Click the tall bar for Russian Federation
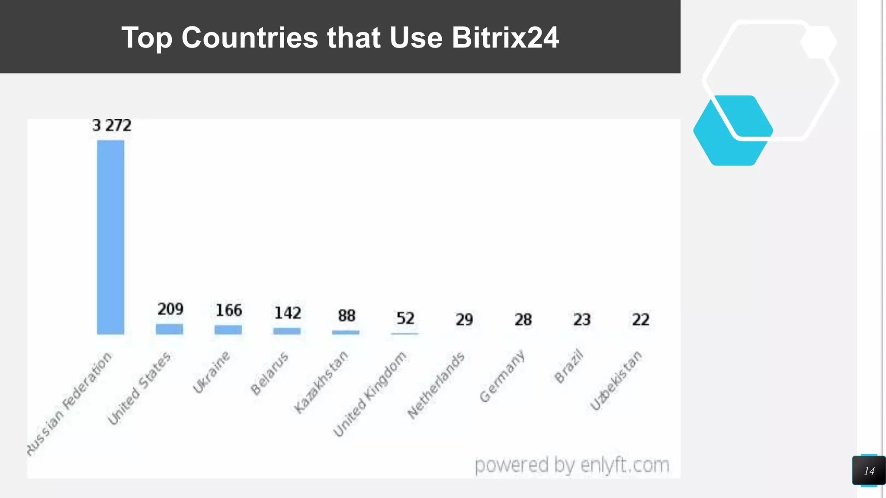click(110, 237)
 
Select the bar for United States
click(169, 329)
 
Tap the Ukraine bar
click(228, 330)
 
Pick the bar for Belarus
click(287, 331)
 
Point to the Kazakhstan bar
click(346, 332)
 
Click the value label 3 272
click(112, 125)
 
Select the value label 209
click(170, 309)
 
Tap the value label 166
click(229, 310)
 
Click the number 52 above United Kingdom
click(405, 319)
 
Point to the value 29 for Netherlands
click(464, 320)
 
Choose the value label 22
click(641, 320)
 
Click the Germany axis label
click(502, 376)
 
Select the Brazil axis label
click(568, 365)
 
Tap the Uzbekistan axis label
click(616, 380)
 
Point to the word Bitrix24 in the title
click(505, 38)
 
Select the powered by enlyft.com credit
click(572, 465)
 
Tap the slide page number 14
click(869, 471)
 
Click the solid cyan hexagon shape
click(727, 138)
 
